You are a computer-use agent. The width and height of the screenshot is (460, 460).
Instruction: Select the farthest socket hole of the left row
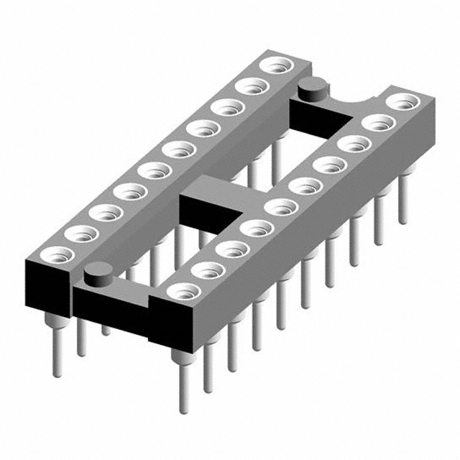click(x=274, y=65)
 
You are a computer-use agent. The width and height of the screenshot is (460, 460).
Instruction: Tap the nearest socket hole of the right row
click(x=184, y=292)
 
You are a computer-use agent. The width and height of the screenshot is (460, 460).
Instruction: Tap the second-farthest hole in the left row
click(x=250, y=86)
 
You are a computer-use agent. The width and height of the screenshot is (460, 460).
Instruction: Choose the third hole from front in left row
click(x=106, y=212)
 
